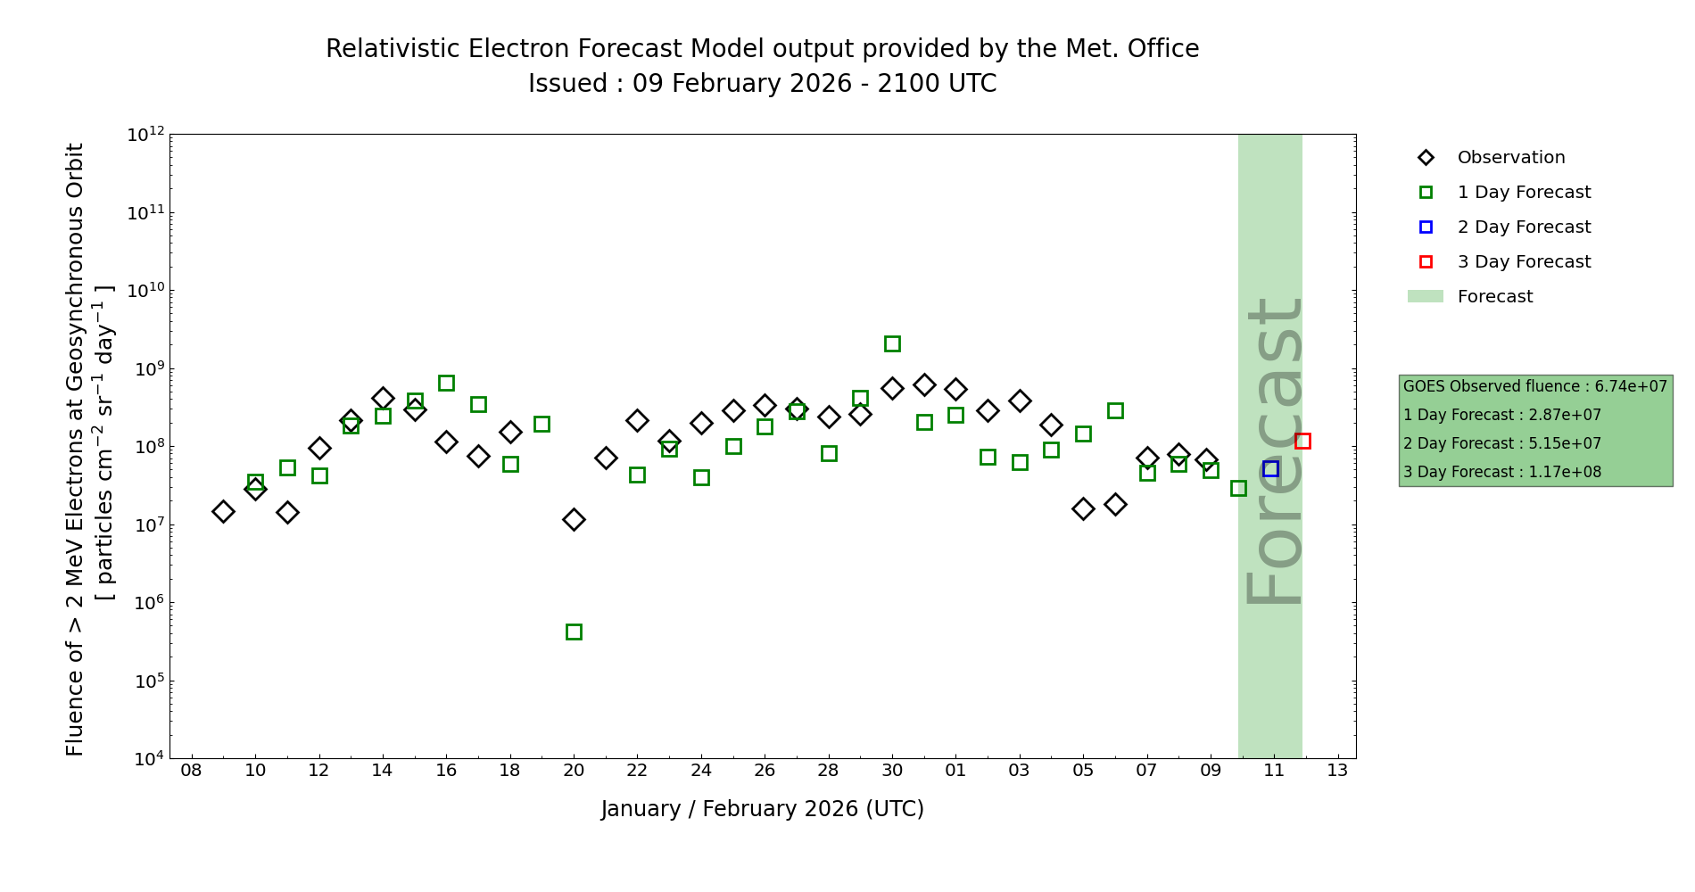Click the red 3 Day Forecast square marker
point(1302,441)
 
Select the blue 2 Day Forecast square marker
point(1270,469)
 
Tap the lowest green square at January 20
point(574,632)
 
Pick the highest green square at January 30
point(892,343)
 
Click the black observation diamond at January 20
point(574,519)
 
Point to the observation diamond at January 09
point(223,511)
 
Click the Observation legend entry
point(1510,158)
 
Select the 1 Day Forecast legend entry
point(1523,193)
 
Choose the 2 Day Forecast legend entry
point(1523,227)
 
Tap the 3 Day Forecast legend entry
point(1523,262)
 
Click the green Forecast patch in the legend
point(1425,296)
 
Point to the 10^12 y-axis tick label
point(145,135)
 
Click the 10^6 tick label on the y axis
point(145,603)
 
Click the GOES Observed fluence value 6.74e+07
point(1631,386)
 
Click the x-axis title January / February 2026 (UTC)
point(763,809)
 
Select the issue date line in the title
point(763,84)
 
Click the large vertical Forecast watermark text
point(1274,450)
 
